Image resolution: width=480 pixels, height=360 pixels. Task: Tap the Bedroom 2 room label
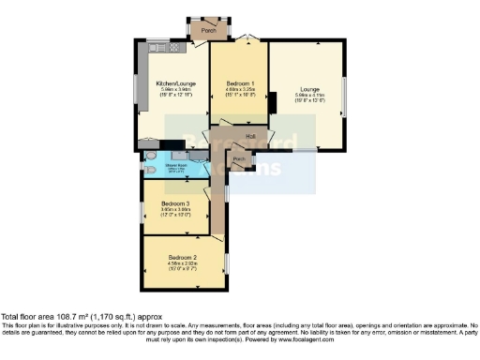click(x=182, y=257)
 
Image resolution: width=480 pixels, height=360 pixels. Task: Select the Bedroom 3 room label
click(x=173, y=203)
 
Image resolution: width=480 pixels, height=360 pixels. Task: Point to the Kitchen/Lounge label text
click(x=173, y=82)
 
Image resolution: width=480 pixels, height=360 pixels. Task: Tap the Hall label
click(x=250, y=138)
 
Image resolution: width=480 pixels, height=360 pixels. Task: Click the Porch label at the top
click(x=209, y=30)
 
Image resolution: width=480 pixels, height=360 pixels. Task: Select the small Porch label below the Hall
click(x=239, y=159)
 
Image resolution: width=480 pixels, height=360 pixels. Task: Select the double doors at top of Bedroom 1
click(x=244, y=39)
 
